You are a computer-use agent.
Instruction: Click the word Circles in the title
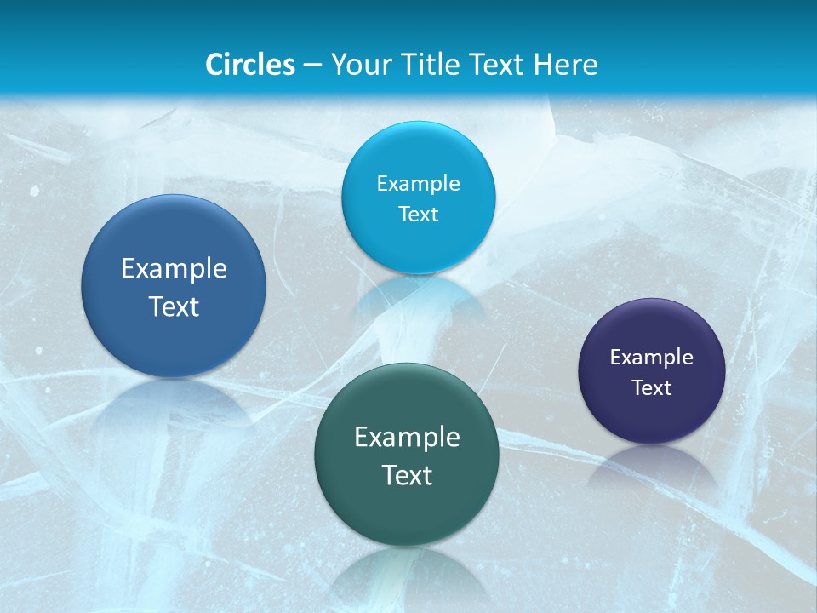249,65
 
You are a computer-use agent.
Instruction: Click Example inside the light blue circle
418,184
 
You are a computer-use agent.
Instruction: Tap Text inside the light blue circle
418,215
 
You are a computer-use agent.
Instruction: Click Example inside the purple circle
652,358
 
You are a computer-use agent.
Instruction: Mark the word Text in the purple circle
652,388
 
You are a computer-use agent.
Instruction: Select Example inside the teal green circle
407,438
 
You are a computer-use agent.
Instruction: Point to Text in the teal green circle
407,475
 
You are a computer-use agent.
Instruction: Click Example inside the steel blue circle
174,269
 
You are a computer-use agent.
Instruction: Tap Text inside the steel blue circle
174,306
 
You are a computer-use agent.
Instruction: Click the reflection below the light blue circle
418,294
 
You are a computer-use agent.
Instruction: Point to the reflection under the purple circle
652,464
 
